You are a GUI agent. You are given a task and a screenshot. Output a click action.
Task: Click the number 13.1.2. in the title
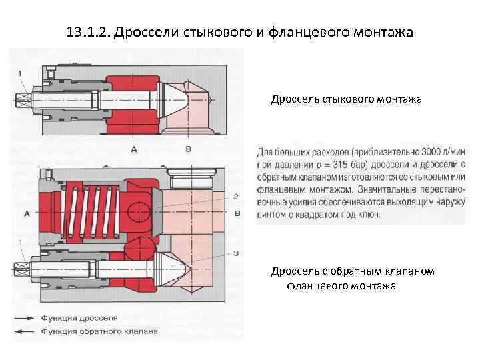point(89,32)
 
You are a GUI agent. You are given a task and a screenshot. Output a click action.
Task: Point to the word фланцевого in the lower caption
point(317,286)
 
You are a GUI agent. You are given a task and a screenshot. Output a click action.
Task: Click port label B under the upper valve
point(188,149)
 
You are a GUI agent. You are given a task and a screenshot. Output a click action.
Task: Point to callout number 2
point(236,197)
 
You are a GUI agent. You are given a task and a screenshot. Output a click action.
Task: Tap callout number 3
point(236,253)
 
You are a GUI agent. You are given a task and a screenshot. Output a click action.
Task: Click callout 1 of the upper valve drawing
point(21,72)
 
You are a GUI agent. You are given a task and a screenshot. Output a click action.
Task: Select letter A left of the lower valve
point(27,214)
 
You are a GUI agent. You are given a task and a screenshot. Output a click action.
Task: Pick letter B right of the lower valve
point(238,214)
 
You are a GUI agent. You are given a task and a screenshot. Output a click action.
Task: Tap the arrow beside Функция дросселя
point(25,318)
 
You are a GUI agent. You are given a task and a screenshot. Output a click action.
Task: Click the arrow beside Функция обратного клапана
point(25,331)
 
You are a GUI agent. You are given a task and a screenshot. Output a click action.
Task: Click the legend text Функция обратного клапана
point(99,331)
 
